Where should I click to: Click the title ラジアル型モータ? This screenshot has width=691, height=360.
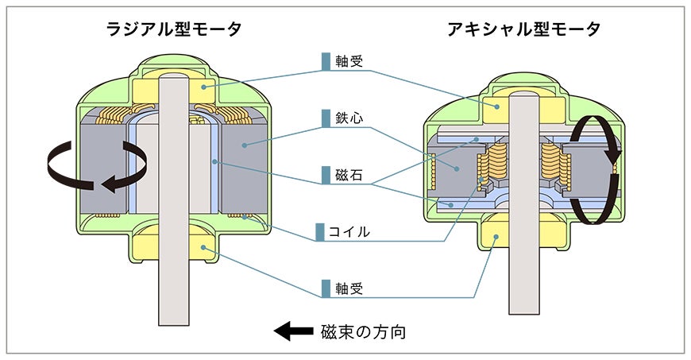(174, 29)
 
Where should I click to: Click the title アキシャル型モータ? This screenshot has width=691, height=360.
(524, 29)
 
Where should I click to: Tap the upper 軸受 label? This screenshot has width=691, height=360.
(349, 61)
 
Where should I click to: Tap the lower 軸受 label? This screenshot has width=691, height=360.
(349, 288)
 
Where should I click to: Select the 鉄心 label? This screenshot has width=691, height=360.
(349, 118)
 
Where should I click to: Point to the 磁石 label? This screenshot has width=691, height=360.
(349, 175)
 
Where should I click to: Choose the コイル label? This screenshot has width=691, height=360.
(349, 232)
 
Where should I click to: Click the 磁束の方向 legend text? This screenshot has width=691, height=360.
(364, 331)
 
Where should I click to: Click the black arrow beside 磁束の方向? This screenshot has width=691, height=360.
(294, 331)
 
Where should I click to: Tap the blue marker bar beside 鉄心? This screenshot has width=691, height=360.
(326, 118)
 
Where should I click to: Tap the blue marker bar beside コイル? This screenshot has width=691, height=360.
(320, 232)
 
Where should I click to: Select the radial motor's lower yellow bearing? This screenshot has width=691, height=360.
(203, 247)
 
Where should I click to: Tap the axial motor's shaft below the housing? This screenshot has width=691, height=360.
(524, 282)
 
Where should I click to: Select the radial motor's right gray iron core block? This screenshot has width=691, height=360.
(244, 168)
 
